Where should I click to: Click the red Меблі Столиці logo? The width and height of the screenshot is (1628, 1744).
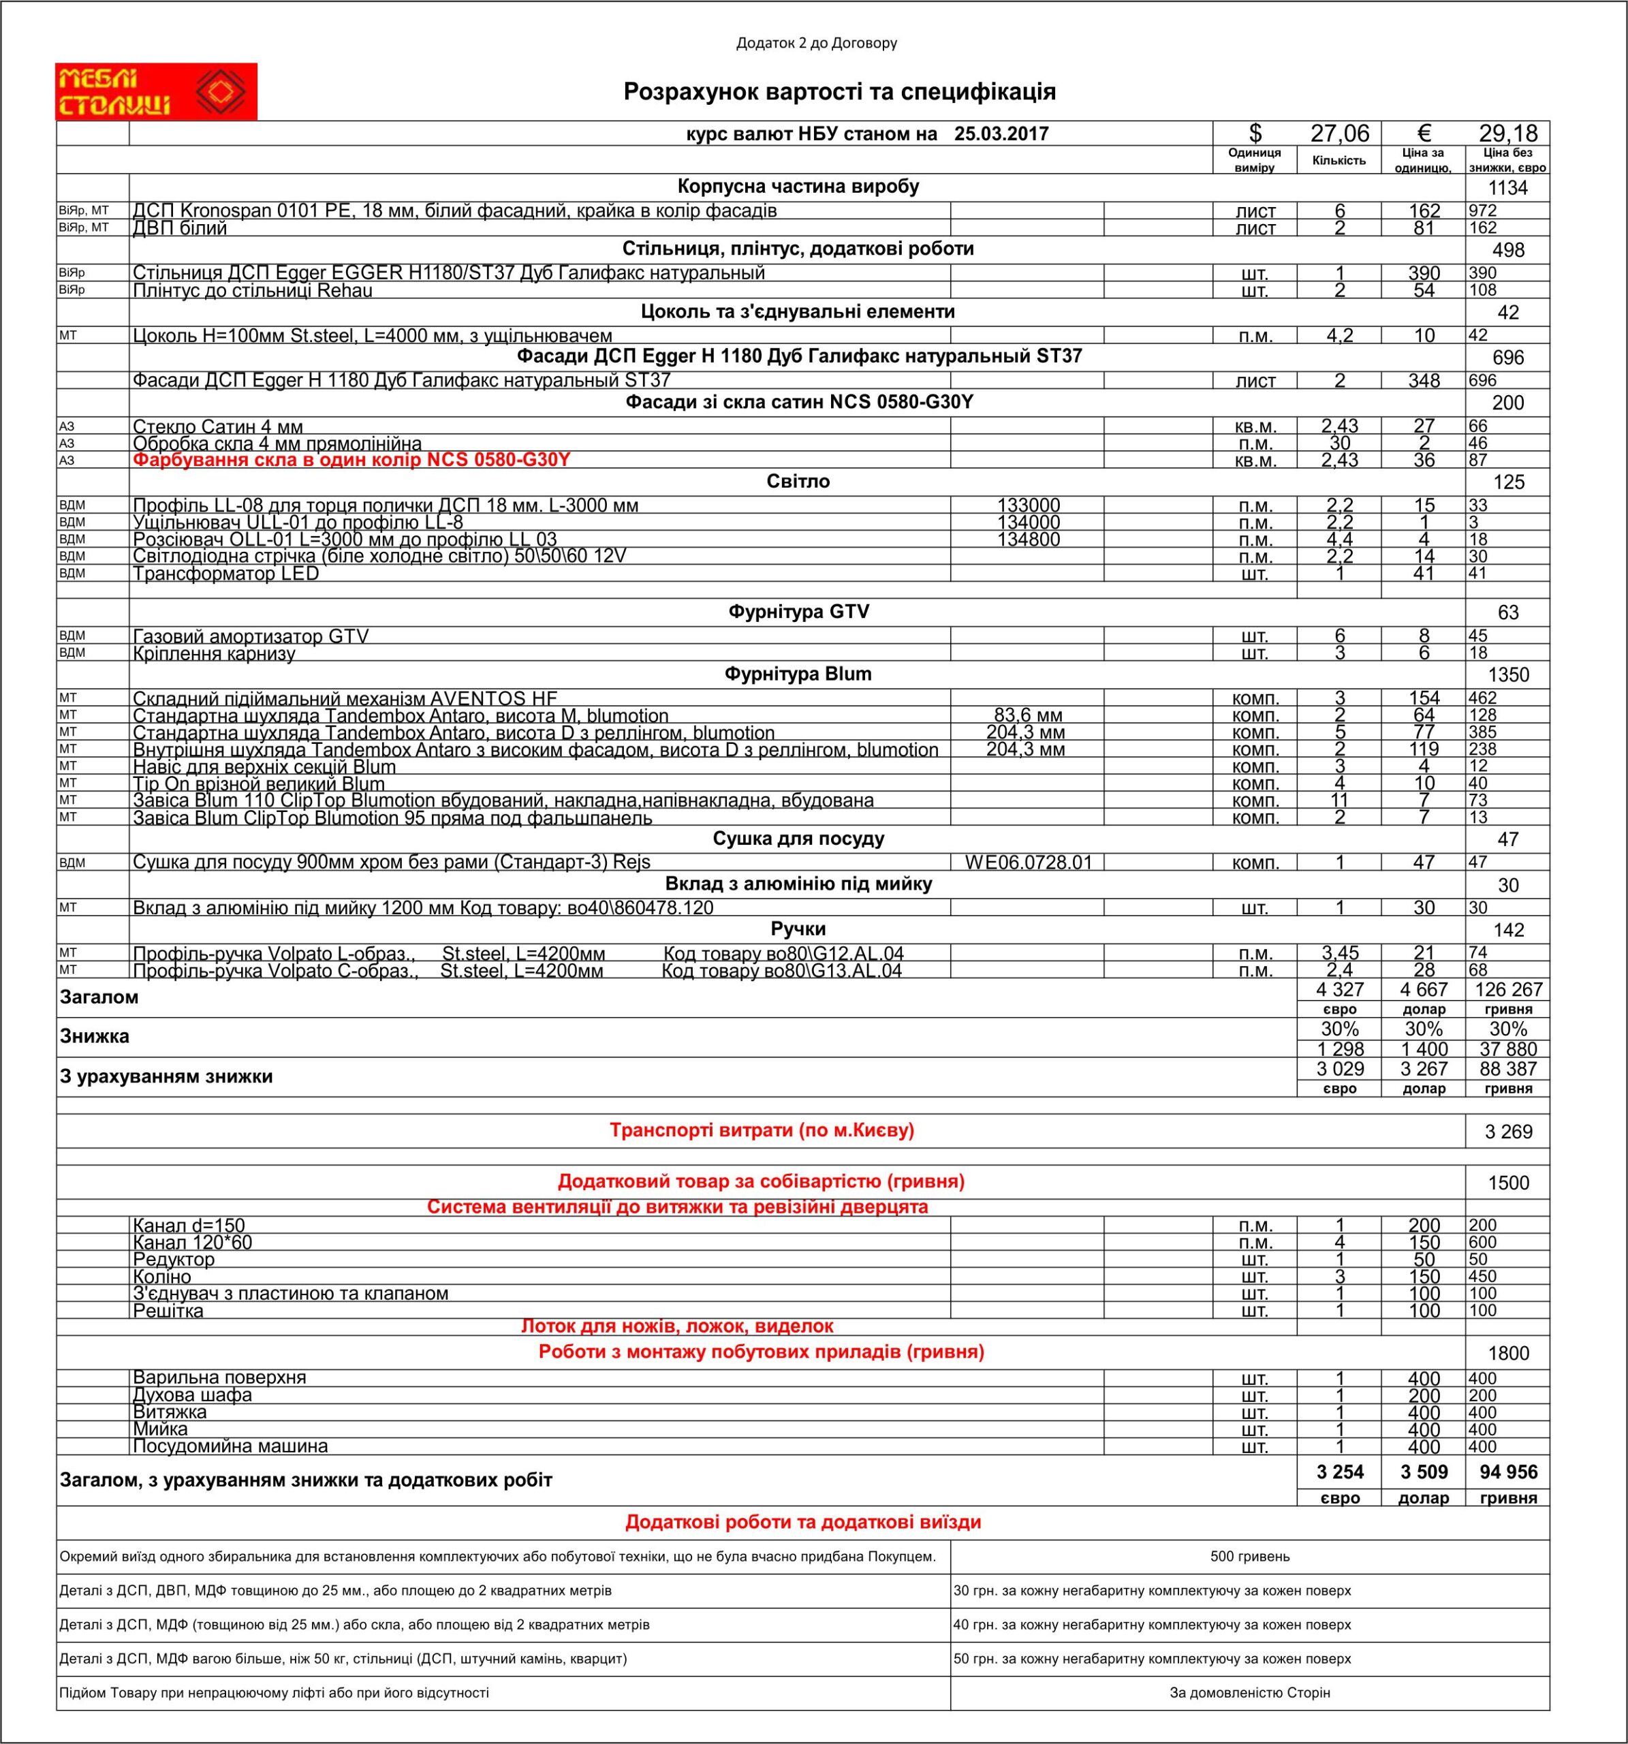(156, 91)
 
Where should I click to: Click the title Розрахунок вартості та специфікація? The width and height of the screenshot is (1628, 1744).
(839, 92)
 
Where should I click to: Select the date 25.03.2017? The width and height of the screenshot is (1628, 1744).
(1002, 134)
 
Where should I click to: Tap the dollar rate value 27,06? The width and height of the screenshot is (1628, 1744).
(1339, 134)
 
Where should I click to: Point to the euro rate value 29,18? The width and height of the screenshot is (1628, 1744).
(1508, 134)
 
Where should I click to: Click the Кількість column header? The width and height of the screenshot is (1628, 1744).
(1339, 161)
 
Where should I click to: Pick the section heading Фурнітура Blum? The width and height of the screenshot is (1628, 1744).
(798, 674)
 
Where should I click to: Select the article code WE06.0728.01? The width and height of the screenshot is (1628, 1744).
(1028, 862)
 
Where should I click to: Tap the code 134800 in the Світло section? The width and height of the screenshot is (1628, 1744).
(1028, 540)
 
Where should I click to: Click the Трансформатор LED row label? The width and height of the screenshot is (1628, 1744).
(225, 574)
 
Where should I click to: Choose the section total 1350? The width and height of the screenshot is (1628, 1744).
(1508, 674)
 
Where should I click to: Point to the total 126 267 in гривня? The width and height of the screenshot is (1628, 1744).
(1508, 990)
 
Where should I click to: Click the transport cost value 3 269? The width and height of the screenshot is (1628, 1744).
(1508, 1132)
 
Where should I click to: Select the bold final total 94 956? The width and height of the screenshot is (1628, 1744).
(1508, 1472)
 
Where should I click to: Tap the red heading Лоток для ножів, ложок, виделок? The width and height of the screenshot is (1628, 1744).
(677, 1326)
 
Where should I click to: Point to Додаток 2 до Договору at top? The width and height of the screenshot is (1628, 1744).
(817, 43)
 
